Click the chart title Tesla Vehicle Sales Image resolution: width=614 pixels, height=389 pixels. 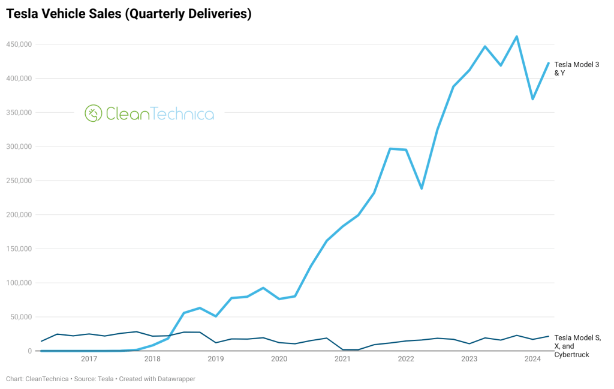coord(128,14)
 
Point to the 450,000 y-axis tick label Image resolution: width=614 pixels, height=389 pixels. coord(19,44)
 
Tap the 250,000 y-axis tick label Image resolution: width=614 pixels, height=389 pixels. coord(19,181)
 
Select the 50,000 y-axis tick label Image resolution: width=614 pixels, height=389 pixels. coord(21,317)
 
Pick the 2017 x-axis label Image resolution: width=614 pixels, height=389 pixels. coord(89,360)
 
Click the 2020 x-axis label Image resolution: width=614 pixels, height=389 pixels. coord(279,360)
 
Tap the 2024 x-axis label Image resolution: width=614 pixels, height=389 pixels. coord(532,360)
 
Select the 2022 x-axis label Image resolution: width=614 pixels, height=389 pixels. coord(406,360)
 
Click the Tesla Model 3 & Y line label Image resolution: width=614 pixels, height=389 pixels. coord(576,68)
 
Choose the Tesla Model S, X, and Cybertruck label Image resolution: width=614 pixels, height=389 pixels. coord(577,346)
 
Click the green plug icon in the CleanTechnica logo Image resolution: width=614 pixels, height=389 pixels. coord(93,113)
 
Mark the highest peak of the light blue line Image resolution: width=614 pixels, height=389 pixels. coord(516,37)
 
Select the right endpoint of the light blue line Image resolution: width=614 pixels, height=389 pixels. coord(548,63)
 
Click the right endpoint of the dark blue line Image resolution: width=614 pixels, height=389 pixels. coord(548,336)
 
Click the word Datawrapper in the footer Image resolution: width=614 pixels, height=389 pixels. coord(174,379)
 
